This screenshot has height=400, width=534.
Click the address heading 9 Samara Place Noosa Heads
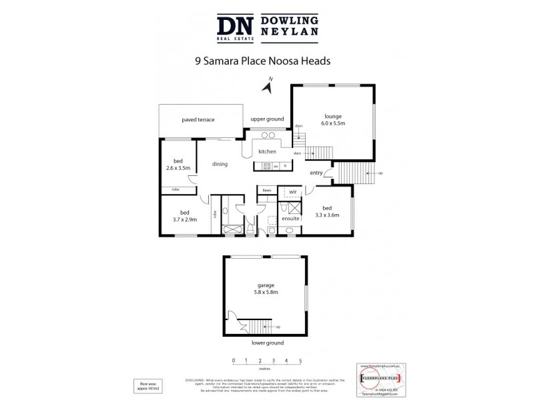pyautogui.click(x=262, y=59)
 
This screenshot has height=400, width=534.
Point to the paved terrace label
pyautogui.click(x=198, y=119)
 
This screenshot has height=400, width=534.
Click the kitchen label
pyautogui.click(x=267, y=151)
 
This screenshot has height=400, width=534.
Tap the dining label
pyautogui.click(x=220, y=164)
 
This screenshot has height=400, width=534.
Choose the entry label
pyautogui.click(x=316, y=173)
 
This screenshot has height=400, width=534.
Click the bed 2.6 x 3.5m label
pyautogui.click(x=178, y=165)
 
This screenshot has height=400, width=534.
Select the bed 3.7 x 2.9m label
pyautogui.click(x=184, y=215)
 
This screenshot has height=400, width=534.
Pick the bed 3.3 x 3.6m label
pyautogui.click(x=326, y=211)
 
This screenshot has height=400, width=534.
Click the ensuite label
pyautogui.click(x=290, y=218)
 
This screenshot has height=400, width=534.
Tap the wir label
pyautogui.click(x=292, y=192)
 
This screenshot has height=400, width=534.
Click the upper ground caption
pyautogui.click(x=267, y=119)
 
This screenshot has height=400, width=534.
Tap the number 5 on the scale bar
pyautogui.click(x=300, y=361)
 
